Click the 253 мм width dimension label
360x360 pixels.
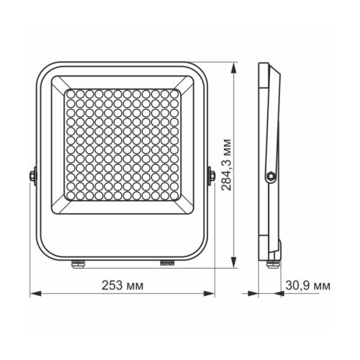coord(124,285)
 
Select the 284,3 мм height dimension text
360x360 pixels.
coord(227,165)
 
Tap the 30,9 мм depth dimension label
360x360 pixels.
coord(306,285)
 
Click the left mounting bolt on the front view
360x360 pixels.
coord(32,175)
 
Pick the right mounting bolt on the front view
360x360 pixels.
coord(212,175)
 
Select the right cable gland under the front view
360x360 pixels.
coord(167,263)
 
